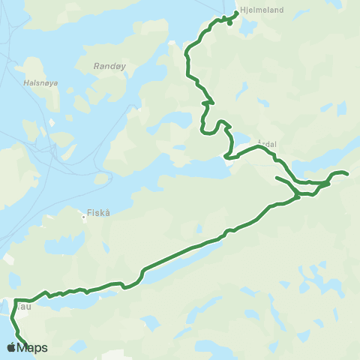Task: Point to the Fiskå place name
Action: click(x=98, y=212)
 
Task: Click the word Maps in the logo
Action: click(x=32, y=348)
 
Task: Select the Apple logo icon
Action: click(x=11, y=347)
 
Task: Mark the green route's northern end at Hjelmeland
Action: click(x=237, y=13)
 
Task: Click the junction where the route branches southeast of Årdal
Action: click(x=298, y=195)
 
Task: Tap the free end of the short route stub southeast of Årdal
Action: click(x=277, y=178)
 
